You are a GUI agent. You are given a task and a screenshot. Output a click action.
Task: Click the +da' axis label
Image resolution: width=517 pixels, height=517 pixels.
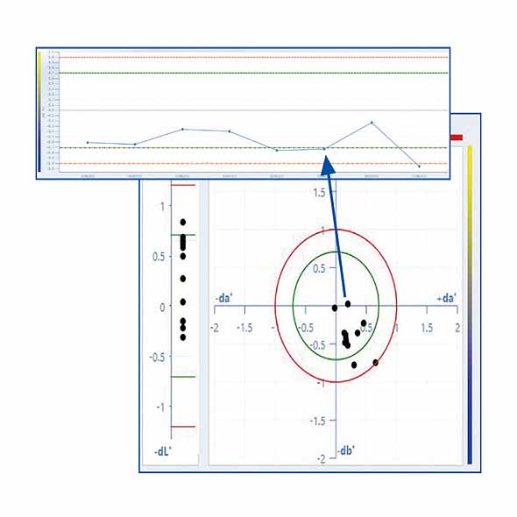pyautogui.click(x=443, y=300)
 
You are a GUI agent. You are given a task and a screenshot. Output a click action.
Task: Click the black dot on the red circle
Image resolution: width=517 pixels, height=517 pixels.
pyautogui.click(x=376, y=362)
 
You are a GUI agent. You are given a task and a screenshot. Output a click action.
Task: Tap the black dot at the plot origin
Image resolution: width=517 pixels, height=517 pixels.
pyautogui.click(x=335, y=308)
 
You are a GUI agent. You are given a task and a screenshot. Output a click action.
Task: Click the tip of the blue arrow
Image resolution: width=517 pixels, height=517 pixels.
pyautogui.click(x=325, y=156)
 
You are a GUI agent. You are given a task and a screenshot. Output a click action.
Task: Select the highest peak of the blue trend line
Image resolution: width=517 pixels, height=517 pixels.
pyautogui.click(x=372, y=123)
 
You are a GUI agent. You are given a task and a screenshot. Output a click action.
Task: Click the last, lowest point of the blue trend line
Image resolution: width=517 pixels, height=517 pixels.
pyautogui.click(x=419, y=166)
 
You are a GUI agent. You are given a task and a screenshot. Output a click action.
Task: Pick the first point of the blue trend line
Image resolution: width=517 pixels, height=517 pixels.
pyautogui.click(x=88, y=142)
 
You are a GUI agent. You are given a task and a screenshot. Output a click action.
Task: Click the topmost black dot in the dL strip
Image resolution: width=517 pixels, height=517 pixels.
pyautogui.click(x=183, y=223)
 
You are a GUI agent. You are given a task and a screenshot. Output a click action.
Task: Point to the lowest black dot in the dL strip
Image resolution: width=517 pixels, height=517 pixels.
pyautogui.click(x=183, y=336)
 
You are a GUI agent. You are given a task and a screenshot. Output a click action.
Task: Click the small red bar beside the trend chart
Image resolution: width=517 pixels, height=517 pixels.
pyautogui.click(x=456, y=138)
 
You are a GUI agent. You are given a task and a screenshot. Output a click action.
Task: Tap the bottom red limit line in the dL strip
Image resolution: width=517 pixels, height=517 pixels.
pyautogui.click(x=182, y=426)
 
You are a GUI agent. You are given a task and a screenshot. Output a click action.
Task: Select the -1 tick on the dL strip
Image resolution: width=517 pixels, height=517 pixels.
pyautogui.click(x=159, y=407)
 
